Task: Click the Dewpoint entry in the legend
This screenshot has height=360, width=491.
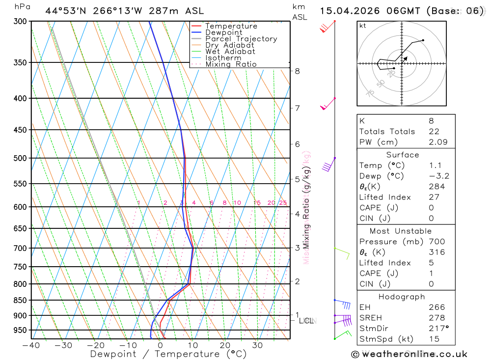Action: point(229,32)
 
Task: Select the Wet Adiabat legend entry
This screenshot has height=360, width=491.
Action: point(230,52)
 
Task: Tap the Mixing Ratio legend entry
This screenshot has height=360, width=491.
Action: point(231,64)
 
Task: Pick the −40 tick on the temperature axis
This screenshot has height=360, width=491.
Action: point(31,345)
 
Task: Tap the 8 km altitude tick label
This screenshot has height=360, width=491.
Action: point(297,71)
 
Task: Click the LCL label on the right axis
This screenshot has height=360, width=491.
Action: point(306,321)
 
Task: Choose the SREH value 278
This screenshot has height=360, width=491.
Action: point(436,318)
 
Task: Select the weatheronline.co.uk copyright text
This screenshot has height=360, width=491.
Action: point(409,354)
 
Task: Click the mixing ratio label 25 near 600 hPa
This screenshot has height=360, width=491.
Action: point(283,203)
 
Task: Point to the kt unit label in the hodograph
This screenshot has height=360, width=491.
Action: point(363,26)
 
